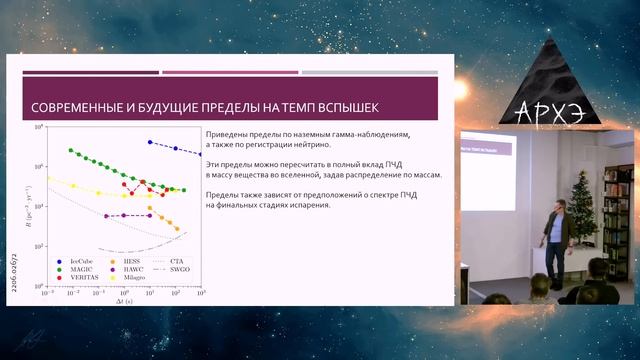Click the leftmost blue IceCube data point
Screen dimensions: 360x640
click(x=149, y=142)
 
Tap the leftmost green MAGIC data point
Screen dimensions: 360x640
click(x=71, y=150)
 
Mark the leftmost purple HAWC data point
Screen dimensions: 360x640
click(x=105, y=215)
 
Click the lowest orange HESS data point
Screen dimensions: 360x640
click(x=177, y=229)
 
